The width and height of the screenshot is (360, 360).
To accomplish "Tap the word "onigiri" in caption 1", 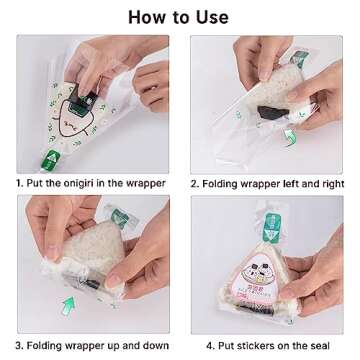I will pos(82,183).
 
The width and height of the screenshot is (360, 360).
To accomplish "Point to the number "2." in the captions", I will pos(195,183).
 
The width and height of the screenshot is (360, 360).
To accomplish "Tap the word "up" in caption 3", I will pos(114,344).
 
